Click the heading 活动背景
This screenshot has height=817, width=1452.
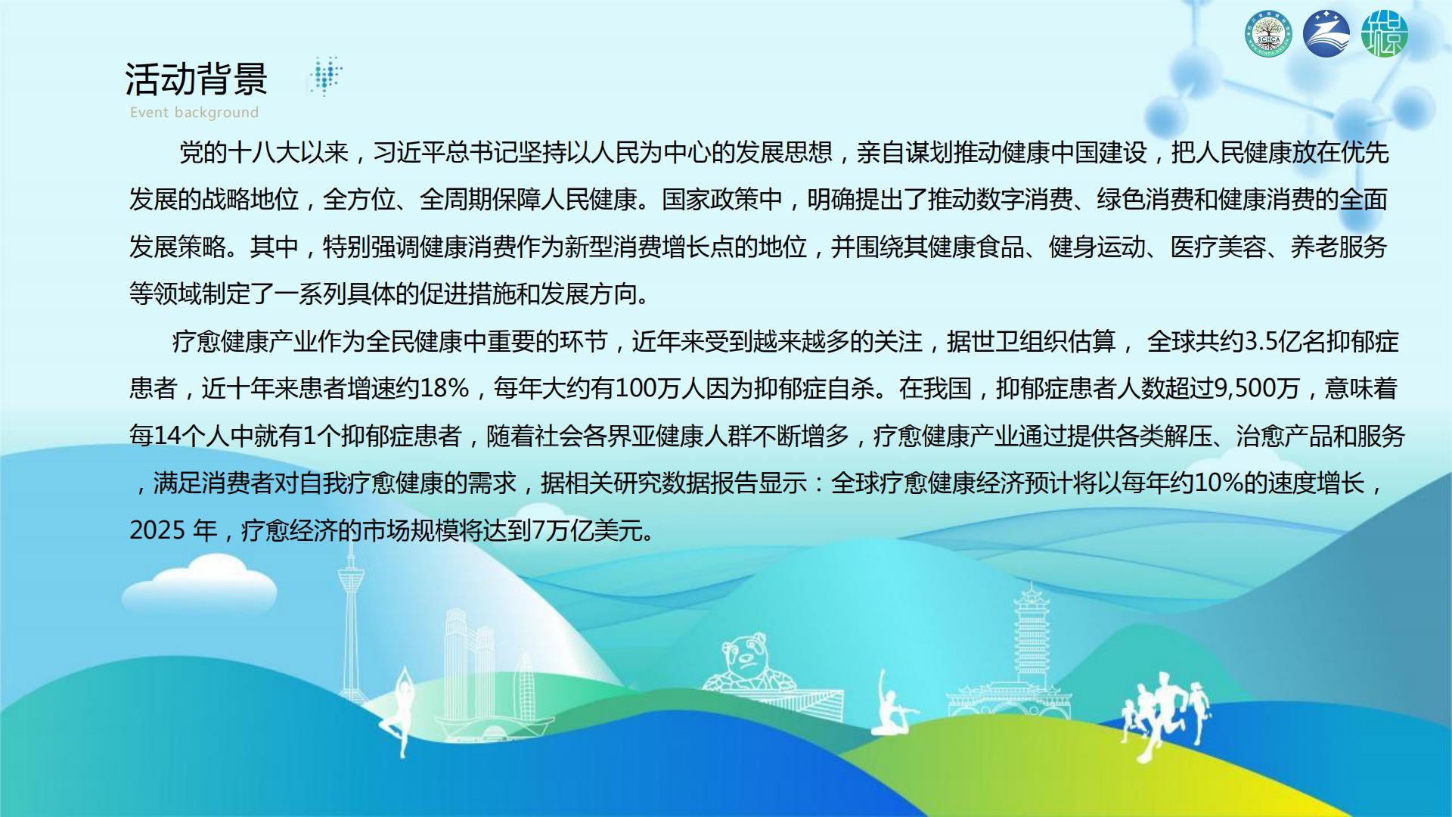[197, 79]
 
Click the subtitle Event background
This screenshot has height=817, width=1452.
[194, 113]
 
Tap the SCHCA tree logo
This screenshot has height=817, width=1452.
[1268, 34]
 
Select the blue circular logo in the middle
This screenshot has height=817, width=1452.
[1326, 33]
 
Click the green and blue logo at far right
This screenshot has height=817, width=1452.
[1385, 33]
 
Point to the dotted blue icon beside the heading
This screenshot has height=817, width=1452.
[325, 76]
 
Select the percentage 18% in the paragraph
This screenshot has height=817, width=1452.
[445, 389]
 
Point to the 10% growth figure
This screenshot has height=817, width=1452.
[1218, 483]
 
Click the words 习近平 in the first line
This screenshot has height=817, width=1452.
[411, 153]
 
